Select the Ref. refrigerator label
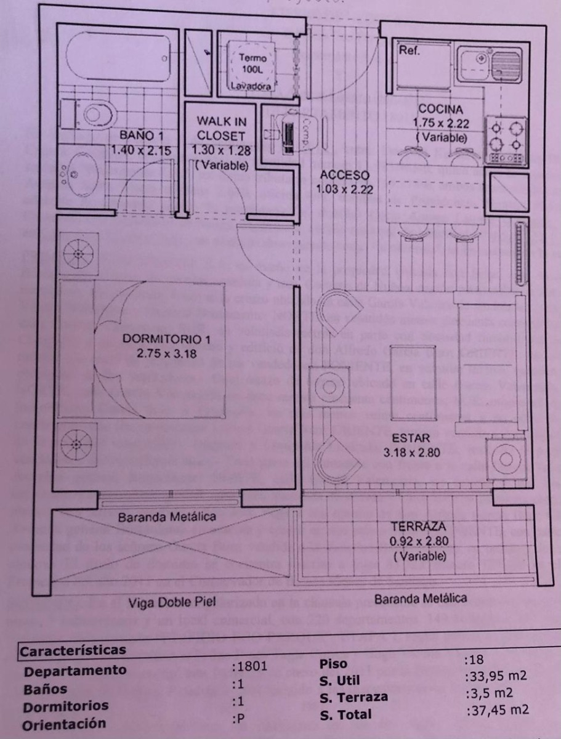[410, 51]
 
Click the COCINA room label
[440, 110]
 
